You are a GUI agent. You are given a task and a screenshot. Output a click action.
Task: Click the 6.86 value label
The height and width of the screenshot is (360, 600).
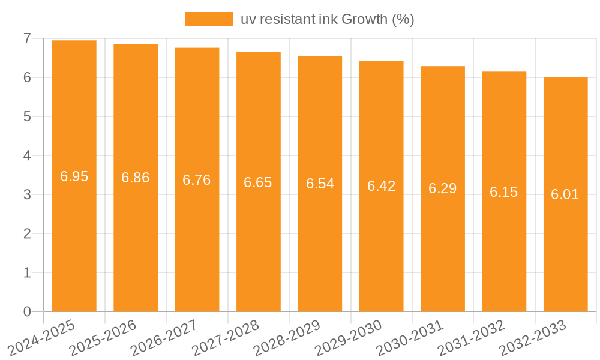tap(136, 178)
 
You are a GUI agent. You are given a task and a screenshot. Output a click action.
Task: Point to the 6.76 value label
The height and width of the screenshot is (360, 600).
tap(197, 180)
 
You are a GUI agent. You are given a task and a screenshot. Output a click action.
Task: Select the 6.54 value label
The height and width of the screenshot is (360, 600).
tap(320, 184)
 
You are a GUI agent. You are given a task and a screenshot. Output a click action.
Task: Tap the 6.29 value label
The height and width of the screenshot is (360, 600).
tap(443, 188)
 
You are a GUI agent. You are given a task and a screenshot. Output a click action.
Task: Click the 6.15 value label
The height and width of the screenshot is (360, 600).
tap(504, 192)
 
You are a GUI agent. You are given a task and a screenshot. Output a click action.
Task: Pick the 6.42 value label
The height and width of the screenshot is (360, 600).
tap(382, 186)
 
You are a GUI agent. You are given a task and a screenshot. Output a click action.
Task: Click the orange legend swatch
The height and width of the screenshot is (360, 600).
tap(209, 19)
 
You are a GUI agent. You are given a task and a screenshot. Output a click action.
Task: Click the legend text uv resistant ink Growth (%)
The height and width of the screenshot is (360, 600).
tap(328, 19)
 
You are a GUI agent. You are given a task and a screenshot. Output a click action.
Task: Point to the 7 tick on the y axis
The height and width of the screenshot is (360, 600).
tap(27, 38)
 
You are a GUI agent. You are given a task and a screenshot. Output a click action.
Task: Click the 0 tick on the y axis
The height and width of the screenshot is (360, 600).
tap(27, 311)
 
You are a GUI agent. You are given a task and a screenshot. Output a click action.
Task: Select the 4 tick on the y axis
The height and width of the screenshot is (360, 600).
tap(27, 155)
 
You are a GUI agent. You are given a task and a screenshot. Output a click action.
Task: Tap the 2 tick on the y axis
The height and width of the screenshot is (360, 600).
tap(27, 233)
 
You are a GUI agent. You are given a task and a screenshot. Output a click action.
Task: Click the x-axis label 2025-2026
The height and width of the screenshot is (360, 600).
tap(103, 338)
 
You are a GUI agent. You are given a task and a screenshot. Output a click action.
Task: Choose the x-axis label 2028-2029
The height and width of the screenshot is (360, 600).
tap(287, 338)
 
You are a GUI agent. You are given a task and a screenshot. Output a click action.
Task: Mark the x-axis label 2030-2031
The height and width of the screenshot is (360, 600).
tap(410, 338)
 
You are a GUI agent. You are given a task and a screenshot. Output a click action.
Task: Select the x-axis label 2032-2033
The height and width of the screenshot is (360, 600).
tap(533, 338)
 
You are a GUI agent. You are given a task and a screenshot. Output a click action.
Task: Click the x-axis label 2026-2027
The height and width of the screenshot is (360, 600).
tap(164, 338)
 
